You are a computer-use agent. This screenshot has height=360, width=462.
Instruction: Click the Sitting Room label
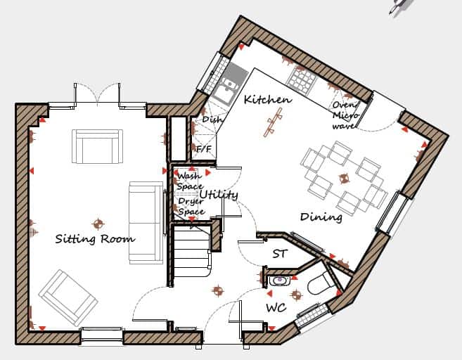(95, 238)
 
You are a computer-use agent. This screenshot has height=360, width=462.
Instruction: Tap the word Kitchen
(268, 100)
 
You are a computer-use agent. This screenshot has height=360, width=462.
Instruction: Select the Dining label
(321, 217)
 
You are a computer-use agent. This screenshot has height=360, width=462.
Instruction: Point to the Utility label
(219, 195)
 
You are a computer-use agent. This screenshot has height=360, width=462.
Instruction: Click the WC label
(276, 308)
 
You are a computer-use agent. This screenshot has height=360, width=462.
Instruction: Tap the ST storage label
(280, 254)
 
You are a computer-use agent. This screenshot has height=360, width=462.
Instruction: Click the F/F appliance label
(204, 149)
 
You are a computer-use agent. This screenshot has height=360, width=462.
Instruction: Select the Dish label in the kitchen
(212, 120)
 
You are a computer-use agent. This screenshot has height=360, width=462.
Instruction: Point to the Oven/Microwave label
(345, 115)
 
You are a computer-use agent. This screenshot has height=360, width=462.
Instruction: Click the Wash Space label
(190, 181)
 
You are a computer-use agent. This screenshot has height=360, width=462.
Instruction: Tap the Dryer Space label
(191, 206)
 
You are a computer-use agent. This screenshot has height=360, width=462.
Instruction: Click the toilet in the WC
(320, 283)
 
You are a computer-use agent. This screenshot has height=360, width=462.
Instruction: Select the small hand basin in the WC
(280, 280)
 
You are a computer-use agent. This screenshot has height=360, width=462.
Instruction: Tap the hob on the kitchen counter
(301, 79)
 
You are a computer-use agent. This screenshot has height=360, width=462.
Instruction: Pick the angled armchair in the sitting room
(68, 297)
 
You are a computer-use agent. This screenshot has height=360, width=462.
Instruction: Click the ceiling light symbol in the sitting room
(98, 224)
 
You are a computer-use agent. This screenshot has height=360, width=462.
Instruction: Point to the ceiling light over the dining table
(344, 178)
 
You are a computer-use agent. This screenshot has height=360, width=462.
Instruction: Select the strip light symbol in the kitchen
(273, 122)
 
